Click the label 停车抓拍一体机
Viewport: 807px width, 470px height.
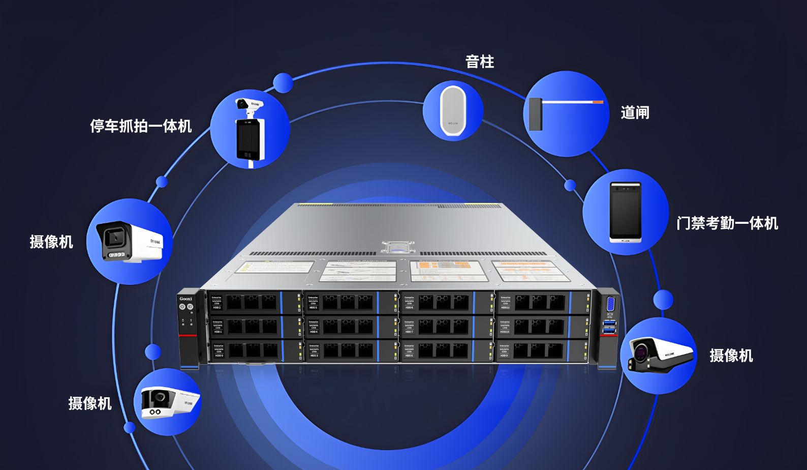141,126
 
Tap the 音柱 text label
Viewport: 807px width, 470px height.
480,62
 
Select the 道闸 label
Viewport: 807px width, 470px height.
635,113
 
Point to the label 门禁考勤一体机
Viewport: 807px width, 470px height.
727,223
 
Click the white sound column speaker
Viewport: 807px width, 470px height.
453,110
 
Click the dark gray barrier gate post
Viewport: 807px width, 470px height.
535,114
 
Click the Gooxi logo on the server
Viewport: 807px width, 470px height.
185,299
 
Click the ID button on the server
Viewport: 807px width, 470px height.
190,307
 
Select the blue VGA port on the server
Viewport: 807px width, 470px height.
610,304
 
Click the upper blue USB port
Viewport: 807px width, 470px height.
609,323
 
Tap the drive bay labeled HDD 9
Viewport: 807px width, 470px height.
539,350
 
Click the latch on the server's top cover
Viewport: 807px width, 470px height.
398,247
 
